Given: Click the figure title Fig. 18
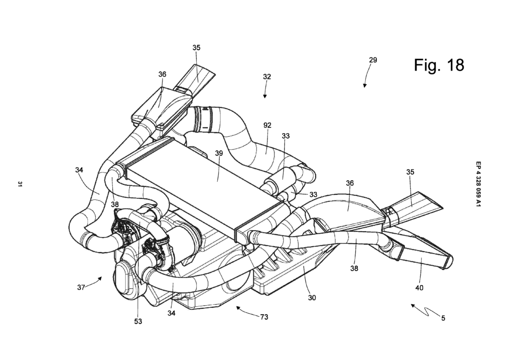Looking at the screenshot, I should (x=439, y=65).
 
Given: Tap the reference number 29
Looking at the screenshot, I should (x=373, y=60).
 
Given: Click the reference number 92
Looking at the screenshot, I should (x=267, y=126).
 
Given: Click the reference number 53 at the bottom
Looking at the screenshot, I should (x=138, y=322).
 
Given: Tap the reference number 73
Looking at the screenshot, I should (x=263, y=317).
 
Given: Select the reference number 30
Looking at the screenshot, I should (x=312, y=298).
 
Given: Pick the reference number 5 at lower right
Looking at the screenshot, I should (x=443, y=317).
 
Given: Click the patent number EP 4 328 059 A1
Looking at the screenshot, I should (x=478, y=183).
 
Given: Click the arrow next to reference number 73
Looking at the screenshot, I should (x=244, y=311).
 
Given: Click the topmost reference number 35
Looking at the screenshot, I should (x=196, y=48).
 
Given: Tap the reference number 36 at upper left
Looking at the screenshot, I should (x=162, y=74).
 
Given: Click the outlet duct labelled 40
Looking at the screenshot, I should (x=423, y=251).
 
